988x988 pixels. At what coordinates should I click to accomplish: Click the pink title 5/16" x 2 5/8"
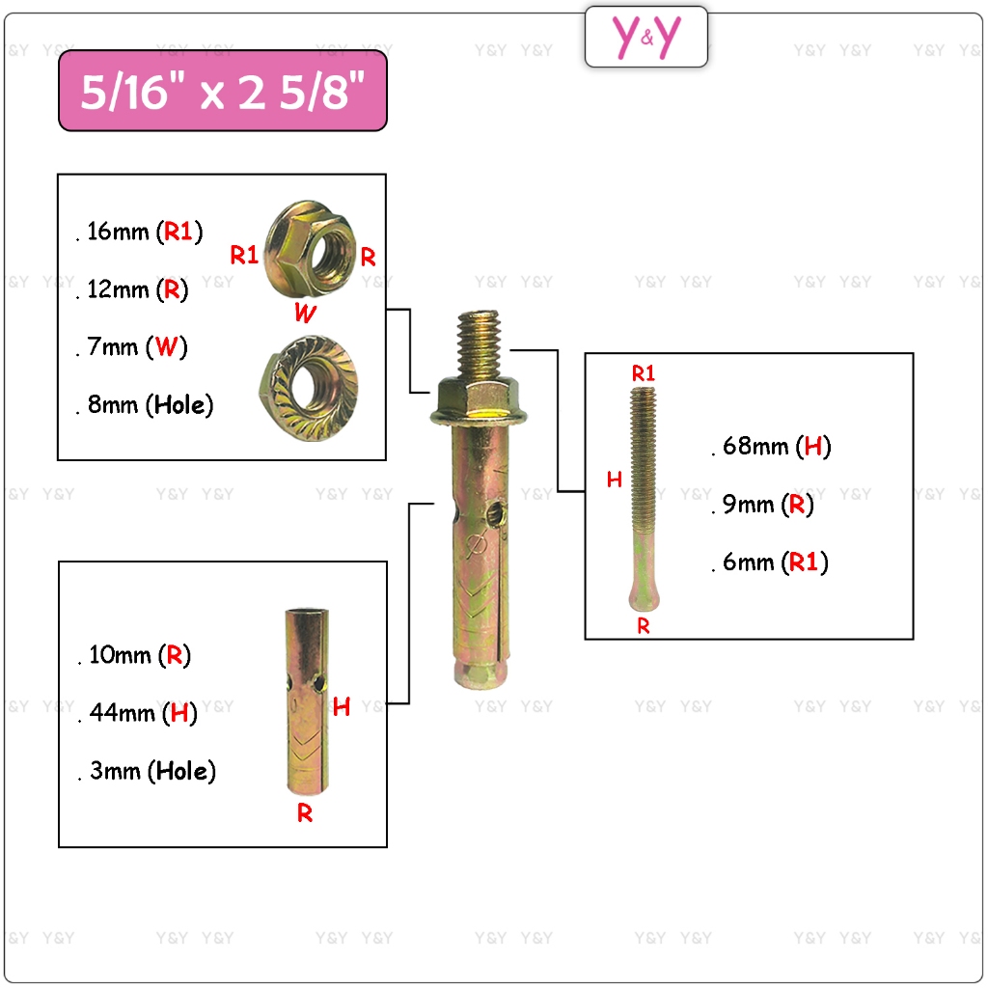[x=223, y=91]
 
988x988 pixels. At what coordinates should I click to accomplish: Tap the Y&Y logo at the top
[x=645, y=37]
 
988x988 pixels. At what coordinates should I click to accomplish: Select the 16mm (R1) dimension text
[x=145, y=232]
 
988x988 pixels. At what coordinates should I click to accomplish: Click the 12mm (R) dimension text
[x=137, y=289]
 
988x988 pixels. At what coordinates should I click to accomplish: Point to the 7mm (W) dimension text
[x=137, y=347]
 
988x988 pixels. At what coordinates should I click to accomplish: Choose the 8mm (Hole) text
[x=150, y=405]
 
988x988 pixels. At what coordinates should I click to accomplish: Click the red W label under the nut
[x=305, y=313]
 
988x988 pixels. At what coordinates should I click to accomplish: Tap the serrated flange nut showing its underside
[x=309, y=387]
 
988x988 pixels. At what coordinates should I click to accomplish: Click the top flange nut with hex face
[x=310, y=249]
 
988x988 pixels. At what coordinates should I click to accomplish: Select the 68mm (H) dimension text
[x=777, y=447]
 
